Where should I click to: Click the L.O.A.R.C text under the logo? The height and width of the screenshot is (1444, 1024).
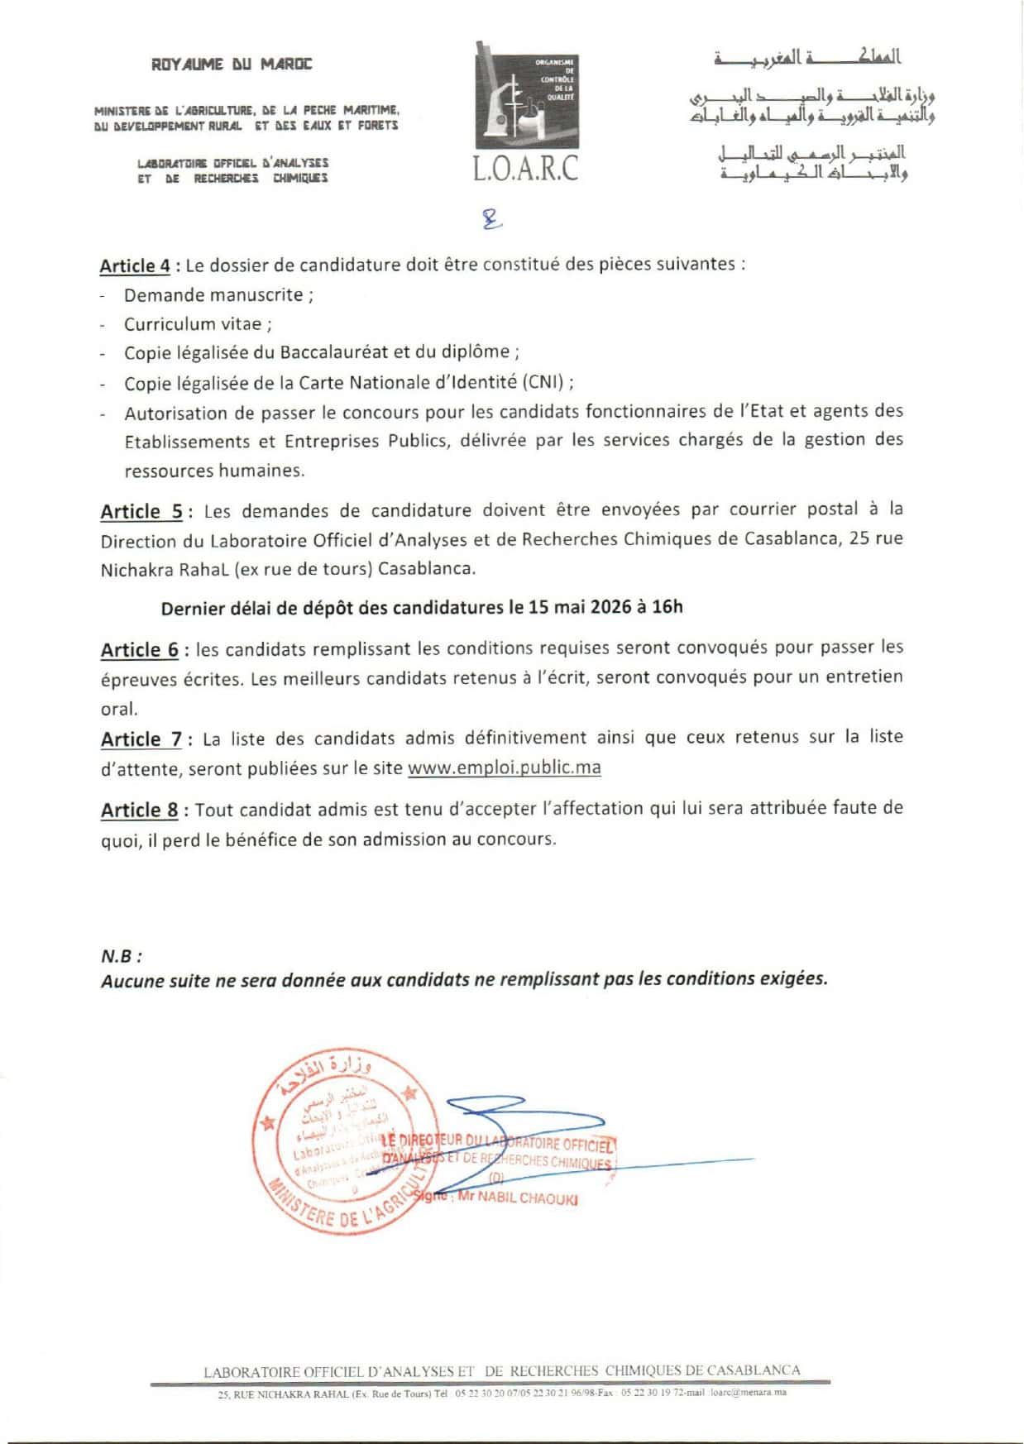pyautogui.click(x=526, y=169)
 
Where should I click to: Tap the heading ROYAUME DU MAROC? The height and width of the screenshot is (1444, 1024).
pyautogui.click(x=232, y=64)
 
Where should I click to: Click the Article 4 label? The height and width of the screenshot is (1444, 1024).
pyautogui.click(x=135, y=265)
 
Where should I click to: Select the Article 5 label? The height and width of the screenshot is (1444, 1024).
pyautogui.click(x=141, y=511)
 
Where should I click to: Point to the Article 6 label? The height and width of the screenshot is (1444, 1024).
pyautogui.click(x=139, y=649)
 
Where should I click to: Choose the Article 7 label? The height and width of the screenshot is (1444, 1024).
pyautogui.click(x=141, y=739)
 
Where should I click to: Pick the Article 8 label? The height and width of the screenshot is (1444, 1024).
pyautogui.click(x=139, y=810)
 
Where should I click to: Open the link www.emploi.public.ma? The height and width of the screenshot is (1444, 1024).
pyautogui.click(x=505, y=767)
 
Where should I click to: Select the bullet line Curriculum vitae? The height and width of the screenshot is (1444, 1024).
pyautogui.click(x=198, y=324)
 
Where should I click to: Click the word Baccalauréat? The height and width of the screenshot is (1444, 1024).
pyautogui.click(x=333, y=352)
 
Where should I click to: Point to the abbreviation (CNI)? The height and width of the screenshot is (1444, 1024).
pyautogui.click(x=545, y=382)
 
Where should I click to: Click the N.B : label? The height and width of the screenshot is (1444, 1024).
pyautogui.click(x=121, y=956)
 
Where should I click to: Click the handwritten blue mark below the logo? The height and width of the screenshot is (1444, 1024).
pyautogui.click(x=493, y=218)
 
